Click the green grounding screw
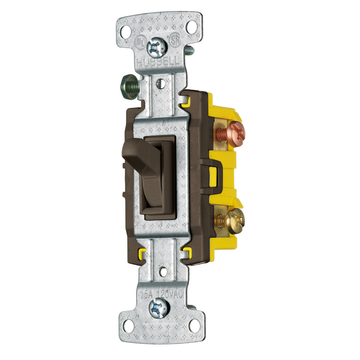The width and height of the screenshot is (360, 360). [x=129, y=87]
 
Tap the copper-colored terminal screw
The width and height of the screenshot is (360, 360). [x=235, y=134]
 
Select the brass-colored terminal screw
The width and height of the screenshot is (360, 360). [x=235, y=221]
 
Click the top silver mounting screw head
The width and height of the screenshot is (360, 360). [x=157, y=48]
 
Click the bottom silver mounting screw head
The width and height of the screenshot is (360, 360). [x=159, y=308]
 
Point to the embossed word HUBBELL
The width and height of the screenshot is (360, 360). [x=158, y=63]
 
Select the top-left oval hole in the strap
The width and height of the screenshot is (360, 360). [x=126, y=32]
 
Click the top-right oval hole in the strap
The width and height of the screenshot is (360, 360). [x=192, y=27]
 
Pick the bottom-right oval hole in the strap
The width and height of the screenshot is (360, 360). [x=194, y=326]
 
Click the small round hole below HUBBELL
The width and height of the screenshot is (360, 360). [x=160, y=84]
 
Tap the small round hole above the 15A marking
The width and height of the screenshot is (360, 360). [x=163, y=272]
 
